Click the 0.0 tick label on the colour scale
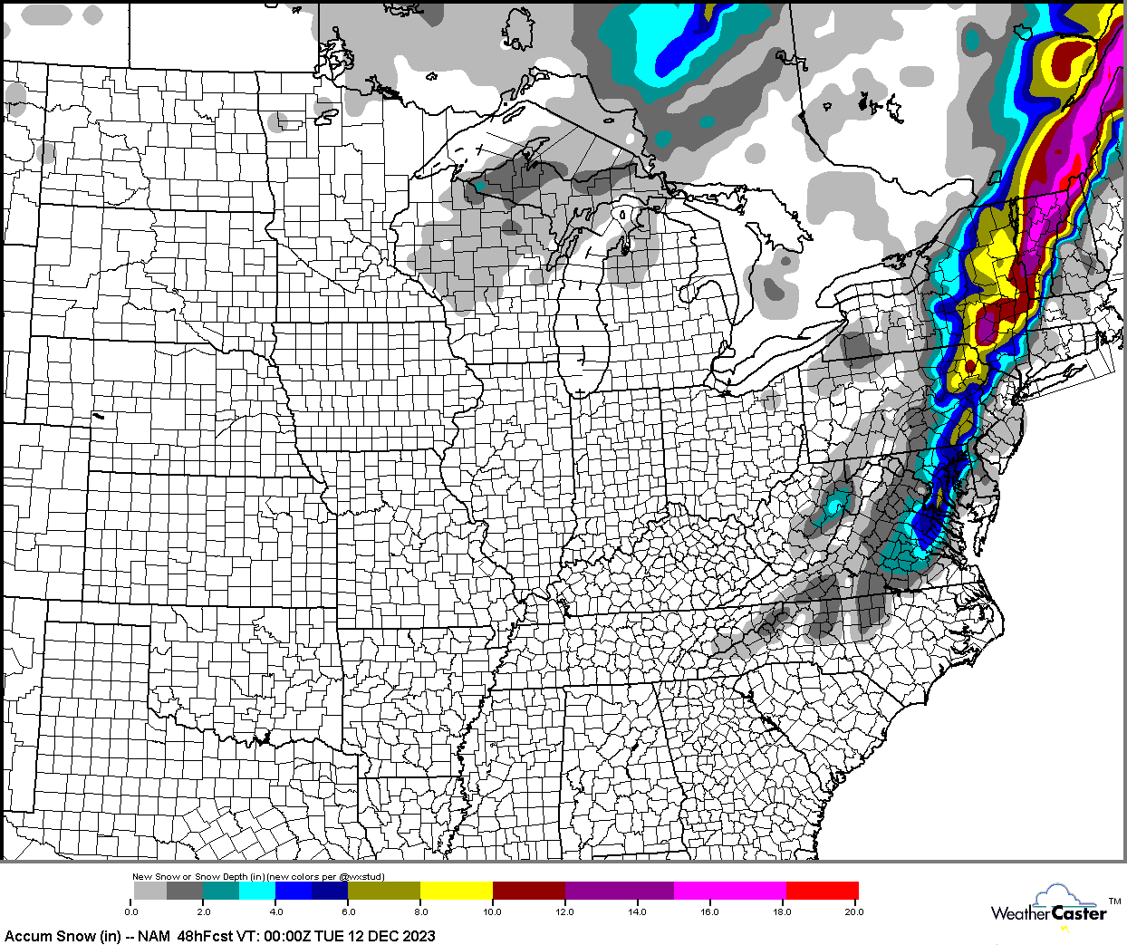tap(131, 911)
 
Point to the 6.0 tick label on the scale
tap(348, 911)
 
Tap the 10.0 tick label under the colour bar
tap(492, 911)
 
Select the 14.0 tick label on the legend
tap(637, 911)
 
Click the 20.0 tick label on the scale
tap(853, 911)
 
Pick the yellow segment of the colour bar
tap(456, 891)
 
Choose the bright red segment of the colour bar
tap(822, 891)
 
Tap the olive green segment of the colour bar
tap(384, 891)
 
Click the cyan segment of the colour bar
tap(257, 891)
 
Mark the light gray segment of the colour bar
tap(150, 891)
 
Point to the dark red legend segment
tap(528, 891)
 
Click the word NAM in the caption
tap(154, 936)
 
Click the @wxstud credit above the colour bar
tap(364, 877)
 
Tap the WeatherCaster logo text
tap(1048, 913)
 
